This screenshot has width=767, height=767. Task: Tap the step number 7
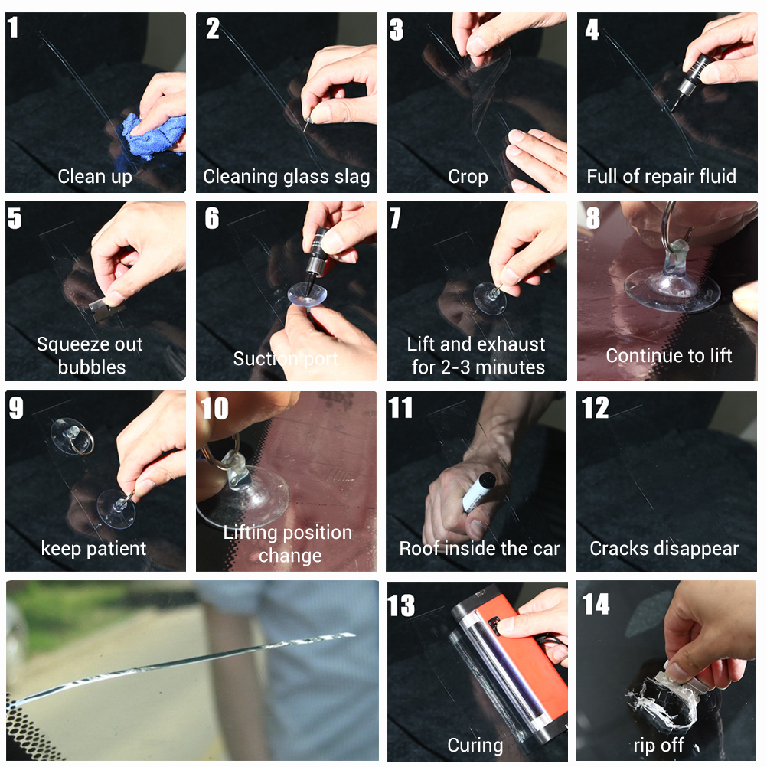[394, 218]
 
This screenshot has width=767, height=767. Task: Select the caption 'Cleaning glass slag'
[286, 177]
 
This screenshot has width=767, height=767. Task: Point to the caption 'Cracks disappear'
[664, 549]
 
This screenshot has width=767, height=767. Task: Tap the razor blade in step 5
[104, 309]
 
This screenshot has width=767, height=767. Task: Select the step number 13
[401, 605]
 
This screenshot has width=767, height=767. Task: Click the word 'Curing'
[475, 746]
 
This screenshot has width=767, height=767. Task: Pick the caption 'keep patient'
[93, 548]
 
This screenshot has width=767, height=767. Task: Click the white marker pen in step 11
[478, 491]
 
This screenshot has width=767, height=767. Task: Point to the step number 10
[214, 409]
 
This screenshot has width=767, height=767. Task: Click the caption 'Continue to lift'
[669, 356]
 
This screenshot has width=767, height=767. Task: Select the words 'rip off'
[658, 745]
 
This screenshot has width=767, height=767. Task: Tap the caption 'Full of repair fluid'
[661, 176]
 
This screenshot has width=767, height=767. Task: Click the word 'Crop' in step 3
[468, 177]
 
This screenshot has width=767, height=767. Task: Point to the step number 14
[596, 604]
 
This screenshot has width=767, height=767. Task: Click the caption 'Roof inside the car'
[479, 548]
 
